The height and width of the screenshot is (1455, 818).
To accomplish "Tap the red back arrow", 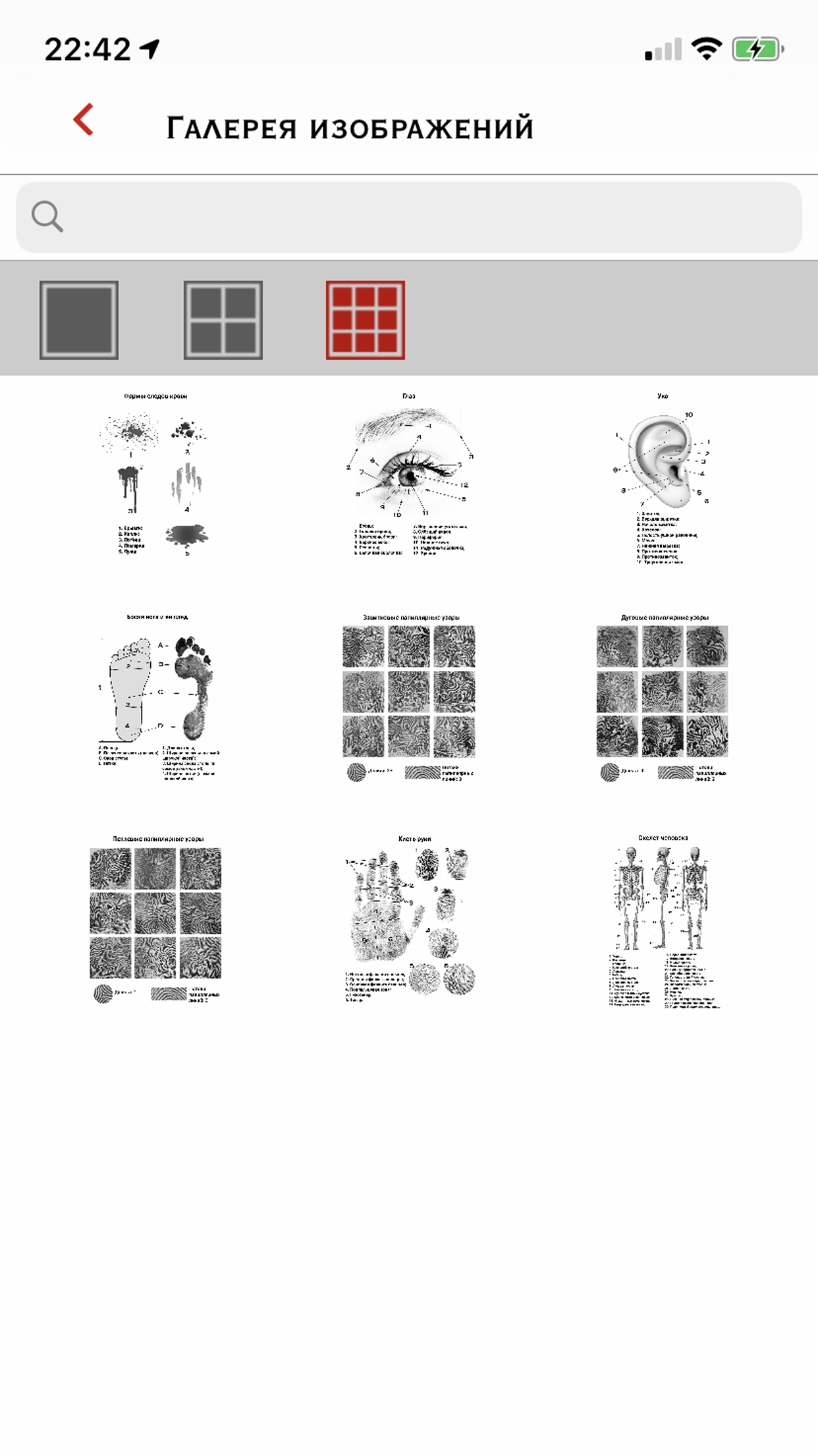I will tap(84, 120).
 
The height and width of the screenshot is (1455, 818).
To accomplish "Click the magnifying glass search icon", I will tap(47, 217).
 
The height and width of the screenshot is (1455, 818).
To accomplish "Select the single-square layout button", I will tap(79, 320).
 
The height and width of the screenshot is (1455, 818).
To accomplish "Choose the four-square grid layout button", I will tap(223, 320).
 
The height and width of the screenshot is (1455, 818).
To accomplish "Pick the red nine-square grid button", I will tap(366, 320).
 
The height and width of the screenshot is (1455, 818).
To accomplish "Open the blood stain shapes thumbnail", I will tap(155, 475).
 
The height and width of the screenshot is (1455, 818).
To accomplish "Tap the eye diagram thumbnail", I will tap(409, 475).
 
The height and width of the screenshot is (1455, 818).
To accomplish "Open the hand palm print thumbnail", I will tap(409, 919).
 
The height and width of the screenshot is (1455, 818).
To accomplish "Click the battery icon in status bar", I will tap(757, 49).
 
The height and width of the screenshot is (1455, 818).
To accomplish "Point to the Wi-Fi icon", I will tap(706, 49).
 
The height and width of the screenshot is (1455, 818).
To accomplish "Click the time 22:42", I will tap(88, 49).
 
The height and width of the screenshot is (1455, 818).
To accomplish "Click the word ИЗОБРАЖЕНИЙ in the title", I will tap(422, 128).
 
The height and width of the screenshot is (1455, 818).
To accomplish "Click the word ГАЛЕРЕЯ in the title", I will tap(232, 128).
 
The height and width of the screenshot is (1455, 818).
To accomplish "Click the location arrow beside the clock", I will tap(151, 48).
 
